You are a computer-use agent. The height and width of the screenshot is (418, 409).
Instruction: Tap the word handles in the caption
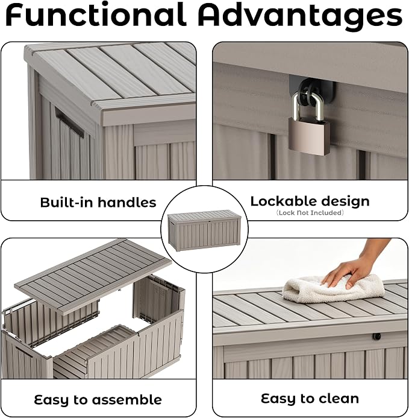[x=126, y=202]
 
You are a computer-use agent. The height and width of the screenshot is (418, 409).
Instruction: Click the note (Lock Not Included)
[x=310, y=213]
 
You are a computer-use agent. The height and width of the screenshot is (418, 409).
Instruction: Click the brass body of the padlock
[x=308, y=136]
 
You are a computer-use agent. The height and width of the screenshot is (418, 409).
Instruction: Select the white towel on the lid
[x=333, y=291]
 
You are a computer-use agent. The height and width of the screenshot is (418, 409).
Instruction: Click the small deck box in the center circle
[x=204, y=230]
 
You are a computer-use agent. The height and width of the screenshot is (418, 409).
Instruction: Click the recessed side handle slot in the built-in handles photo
[x=70, y=122]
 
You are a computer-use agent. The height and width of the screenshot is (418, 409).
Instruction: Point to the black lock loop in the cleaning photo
[x=376, y=337]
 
